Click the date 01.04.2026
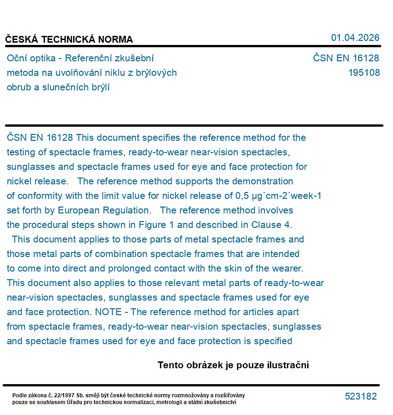tap(355, 38)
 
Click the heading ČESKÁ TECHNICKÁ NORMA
tap(69, 40)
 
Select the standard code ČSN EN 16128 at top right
tap(346, 58)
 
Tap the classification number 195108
tap(364, 73)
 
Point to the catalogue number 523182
tap(361, 396)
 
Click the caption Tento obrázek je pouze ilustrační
tap(233, 365)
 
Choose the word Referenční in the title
tap(92, 58)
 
